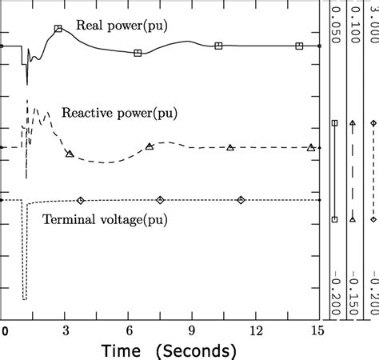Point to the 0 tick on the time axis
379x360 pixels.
pos(4,329)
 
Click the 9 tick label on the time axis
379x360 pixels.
pos(192,329)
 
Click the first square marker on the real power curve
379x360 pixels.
pos(58,29)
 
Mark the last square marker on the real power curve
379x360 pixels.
pos(299,46)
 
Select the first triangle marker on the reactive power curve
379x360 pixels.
pos(70,154)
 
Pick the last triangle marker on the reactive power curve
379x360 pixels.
pos(311,147)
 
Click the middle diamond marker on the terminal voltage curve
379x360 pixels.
pos(161,200)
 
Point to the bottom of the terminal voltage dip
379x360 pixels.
pos(24,299)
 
